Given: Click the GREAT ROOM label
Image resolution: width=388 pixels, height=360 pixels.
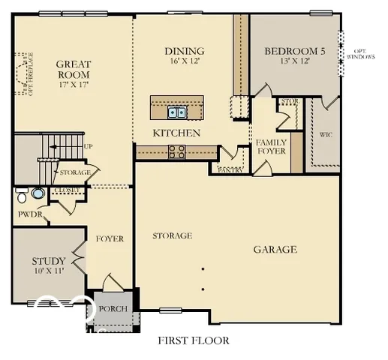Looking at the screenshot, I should pos(74,70).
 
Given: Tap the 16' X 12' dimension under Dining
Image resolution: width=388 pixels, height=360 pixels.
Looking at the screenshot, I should pos(185,62).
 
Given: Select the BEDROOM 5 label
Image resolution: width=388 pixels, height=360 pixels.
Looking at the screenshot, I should pos(295,52).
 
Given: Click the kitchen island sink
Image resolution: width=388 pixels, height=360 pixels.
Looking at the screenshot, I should pos(177,112).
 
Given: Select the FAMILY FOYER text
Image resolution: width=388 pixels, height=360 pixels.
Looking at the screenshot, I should pos(271,146).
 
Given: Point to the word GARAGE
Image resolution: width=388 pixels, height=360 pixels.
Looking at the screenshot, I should pos(275,250).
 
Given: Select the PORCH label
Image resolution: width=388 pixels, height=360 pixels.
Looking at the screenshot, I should pos(113,309).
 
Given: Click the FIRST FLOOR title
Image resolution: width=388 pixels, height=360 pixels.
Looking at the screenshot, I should pos(193,340).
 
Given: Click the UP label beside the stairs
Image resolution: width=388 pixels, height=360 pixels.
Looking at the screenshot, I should pos(89,146).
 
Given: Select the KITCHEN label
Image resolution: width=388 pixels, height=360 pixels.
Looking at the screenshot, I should pos(176,133).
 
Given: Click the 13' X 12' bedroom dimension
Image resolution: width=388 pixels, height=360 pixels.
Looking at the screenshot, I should pos(295,62).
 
